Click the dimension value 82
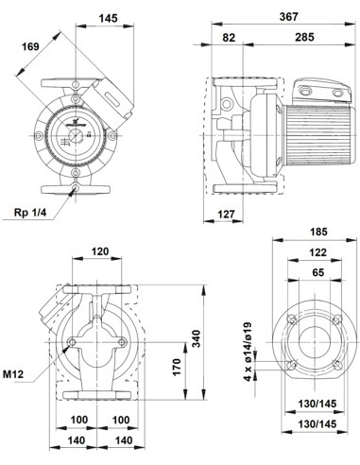[228, 39]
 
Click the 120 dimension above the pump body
[98, 254]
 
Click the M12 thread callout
[13, 375]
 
